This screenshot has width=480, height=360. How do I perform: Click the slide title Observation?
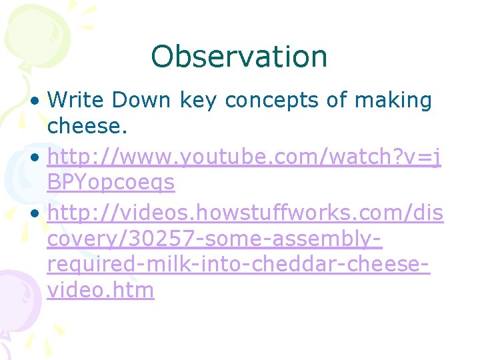239,57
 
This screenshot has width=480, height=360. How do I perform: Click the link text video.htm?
101,291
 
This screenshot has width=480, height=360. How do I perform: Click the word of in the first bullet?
339,101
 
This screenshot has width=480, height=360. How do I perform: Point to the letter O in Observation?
163,57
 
